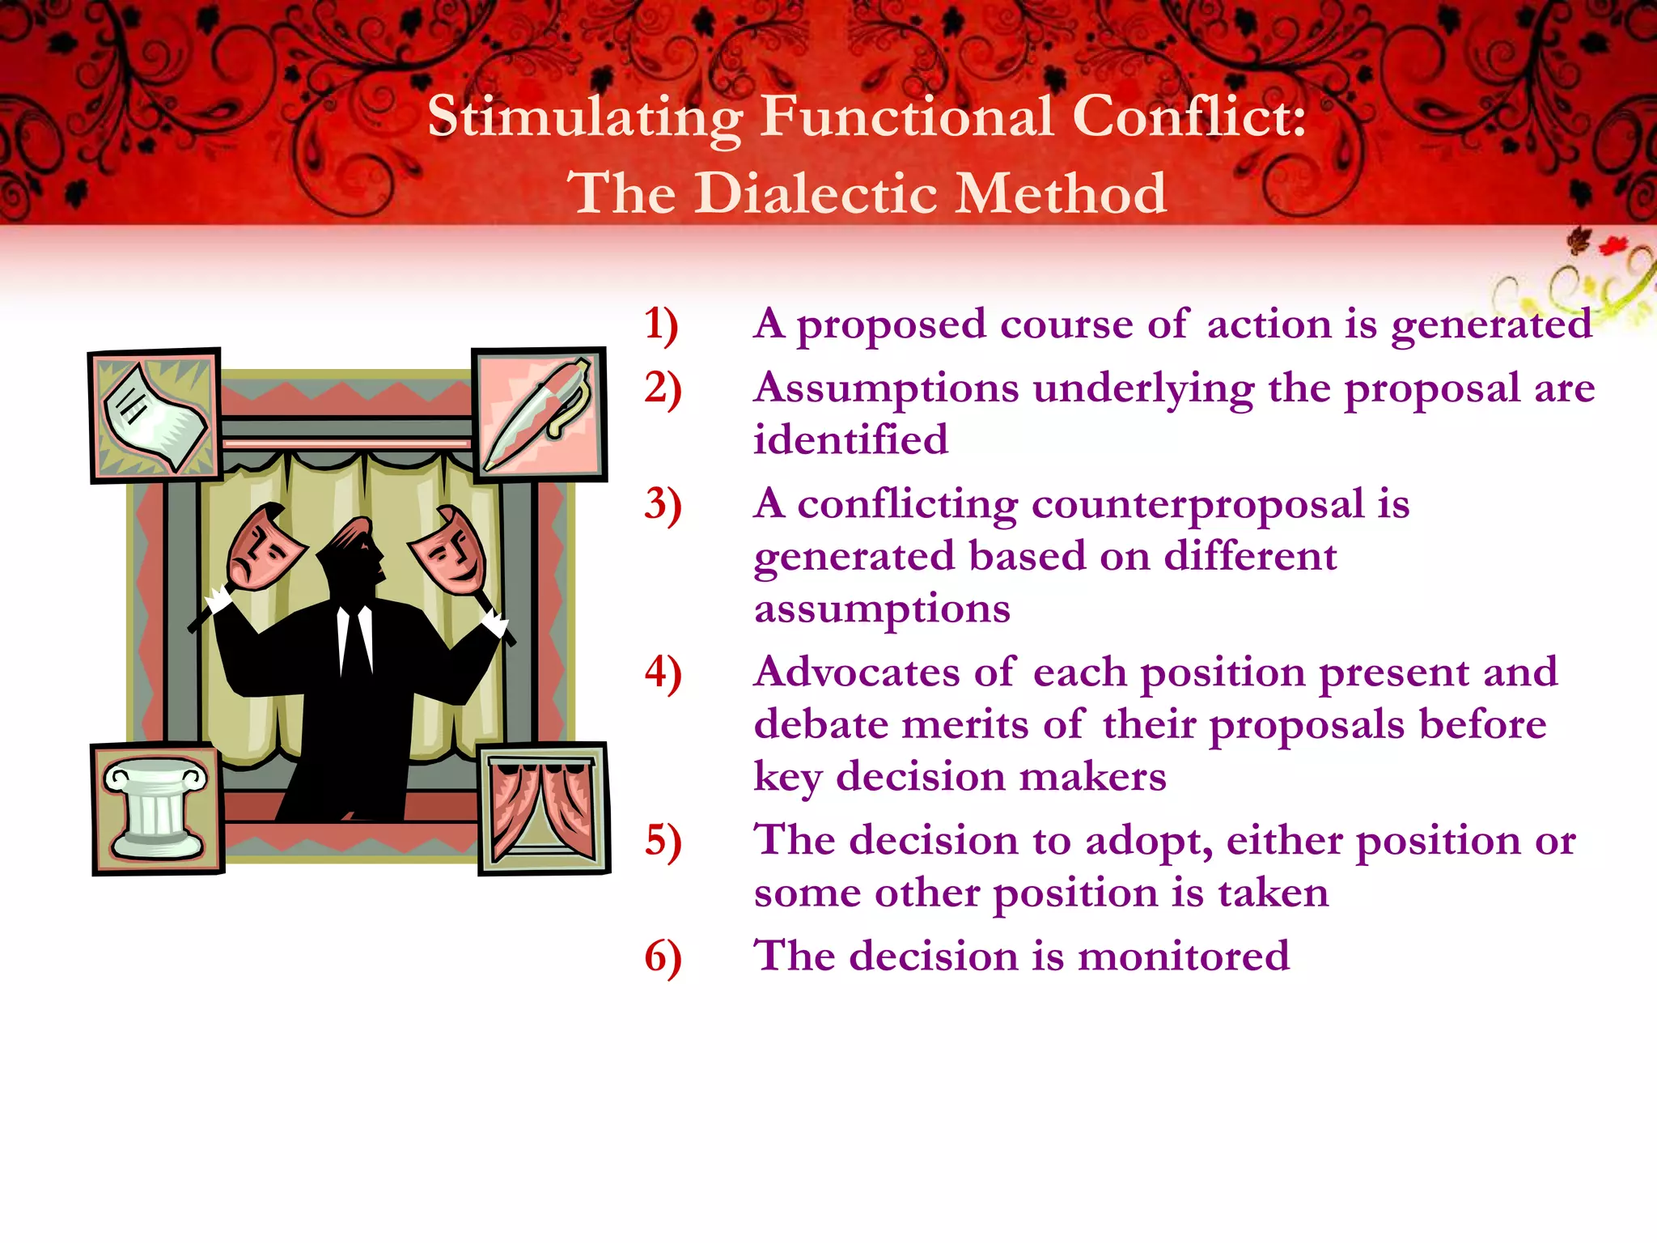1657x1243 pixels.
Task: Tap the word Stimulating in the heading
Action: tap(584, 117)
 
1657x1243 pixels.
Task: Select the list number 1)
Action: tap(661, 325)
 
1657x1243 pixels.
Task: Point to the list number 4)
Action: tap(663, 673)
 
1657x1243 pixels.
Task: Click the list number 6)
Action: tap(663, 957)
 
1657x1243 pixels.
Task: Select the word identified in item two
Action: tap(850, 440)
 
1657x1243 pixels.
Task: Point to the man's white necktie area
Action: tap(355, 639)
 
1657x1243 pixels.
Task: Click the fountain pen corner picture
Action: tap(540, 414)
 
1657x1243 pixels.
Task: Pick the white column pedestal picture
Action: tap(157, 808)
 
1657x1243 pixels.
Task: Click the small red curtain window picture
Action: tap(543, 808)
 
